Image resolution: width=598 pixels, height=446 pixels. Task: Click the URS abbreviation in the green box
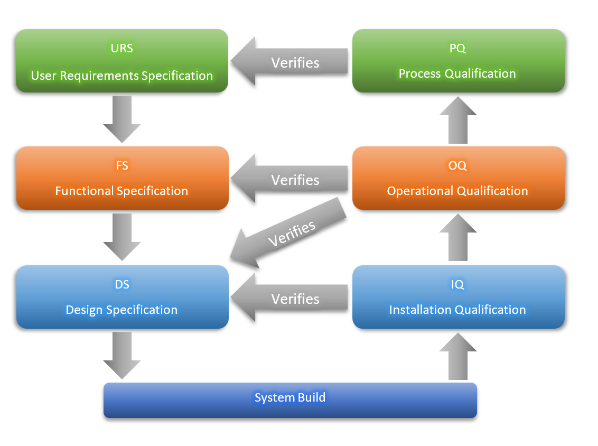click(x=122, y=48)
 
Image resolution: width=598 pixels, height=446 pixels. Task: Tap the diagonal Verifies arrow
click(x=289, y=233)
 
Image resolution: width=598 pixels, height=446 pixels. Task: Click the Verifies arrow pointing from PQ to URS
click(x=289, y=62)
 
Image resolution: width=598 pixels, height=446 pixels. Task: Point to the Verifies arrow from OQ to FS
click(x=289, y=180)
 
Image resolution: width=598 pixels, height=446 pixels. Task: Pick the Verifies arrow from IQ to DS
click(x=289, y=299)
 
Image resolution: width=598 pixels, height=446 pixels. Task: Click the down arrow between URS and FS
click(x=122, y=118)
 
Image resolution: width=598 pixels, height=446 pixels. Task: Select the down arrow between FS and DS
click(x=122, y=236)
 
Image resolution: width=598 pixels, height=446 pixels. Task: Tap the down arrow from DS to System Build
click(x=122, y=355)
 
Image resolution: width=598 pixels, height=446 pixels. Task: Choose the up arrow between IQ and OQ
click(x=458, y=237)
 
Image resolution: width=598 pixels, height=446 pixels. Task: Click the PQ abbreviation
click(x=457, y=48)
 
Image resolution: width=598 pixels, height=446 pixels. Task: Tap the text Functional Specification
click(x=122, y=191)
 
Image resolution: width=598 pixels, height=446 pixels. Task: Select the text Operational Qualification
click(x=457, y=191)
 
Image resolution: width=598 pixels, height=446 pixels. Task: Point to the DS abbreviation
click(x=122, y=284)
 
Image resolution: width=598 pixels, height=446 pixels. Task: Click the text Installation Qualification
click(x=457, y=310)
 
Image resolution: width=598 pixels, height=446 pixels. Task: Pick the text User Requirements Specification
click(x=122, y=76)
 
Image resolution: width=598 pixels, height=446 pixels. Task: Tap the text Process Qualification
click(x=457, y=73)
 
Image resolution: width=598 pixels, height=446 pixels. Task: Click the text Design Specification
click(x=122, y=310)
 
